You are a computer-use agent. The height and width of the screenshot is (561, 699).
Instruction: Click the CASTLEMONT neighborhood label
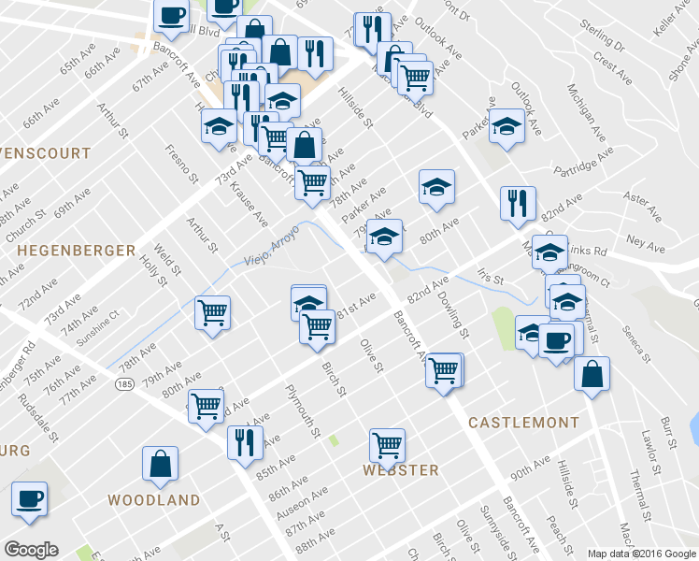pos(523,423)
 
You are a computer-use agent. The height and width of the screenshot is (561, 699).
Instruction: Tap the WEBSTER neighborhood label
pos(401,469)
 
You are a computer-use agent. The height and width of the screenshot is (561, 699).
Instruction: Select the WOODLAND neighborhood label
pos(153,500)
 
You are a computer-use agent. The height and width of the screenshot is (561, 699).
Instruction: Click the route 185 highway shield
pos(125,383)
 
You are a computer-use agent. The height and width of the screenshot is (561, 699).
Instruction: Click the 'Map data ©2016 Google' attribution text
pos(641,554)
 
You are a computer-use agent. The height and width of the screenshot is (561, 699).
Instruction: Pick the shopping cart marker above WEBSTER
pos(387,447)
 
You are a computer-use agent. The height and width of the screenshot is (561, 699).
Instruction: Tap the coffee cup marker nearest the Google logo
pos(29,499)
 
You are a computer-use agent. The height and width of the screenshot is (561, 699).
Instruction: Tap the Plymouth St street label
pos(303,412)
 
